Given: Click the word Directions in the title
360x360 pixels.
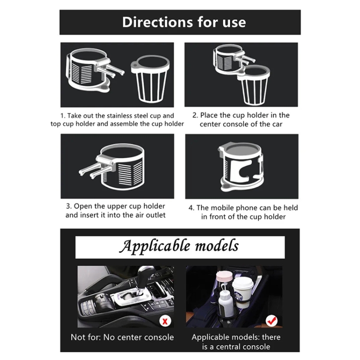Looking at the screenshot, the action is tap(157, 22).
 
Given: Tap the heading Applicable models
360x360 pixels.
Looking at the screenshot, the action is tap(179, 246).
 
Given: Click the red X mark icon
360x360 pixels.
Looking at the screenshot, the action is tap(165, 321).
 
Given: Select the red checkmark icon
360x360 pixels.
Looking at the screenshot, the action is tap(272, 321).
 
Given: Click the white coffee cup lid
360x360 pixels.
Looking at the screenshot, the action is tap(243, 283).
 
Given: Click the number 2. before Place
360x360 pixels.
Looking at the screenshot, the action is tap(195, 115).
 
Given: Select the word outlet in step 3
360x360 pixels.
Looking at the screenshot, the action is tap(156, 215).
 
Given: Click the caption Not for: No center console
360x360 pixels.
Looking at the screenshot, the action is tap(122, 337).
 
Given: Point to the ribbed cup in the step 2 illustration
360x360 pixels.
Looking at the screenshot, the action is tap(254, 84).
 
